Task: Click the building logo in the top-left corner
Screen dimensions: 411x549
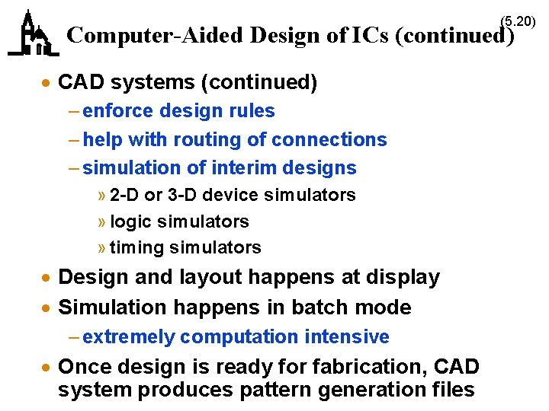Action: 33,34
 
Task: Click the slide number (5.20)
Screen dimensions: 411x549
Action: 518,21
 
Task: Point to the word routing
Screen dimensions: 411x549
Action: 206,140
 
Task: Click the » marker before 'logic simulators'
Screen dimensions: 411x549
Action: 102,222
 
